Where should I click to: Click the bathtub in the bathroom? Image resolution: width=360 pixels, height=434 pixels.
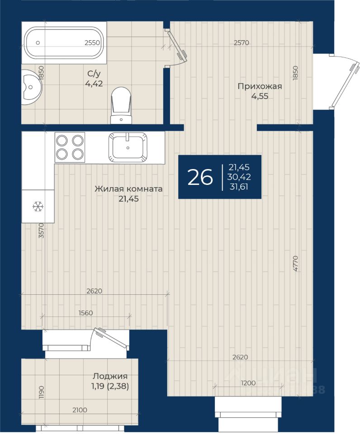tap(64, 43)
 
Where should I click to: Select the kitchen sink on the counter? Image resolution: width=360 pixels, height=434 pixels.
tap(128, 147)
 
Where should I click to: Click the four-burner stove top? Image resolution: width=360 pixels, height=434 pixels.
tap(70, 147)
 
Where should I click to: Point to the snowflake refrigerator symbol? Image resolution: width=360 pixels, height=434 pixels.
tap(38, 207)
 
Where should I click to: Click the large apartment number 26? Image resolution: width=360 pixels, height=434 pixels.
tap(200, 177)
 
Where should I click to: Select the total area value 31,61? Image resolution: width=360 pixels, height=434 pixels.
tap(239, 187)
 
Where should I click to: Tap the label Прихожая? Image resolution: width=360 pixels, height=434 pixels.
tap(260, 86)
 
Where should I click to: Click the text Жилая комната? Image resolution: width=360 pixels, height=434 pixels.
tap(128, 189)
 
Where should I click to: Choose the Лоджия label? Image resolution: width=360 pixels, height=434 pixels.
tap(110, 376)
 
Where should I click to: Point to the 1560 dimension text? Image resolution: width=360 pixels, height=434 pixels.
tap(85, 313)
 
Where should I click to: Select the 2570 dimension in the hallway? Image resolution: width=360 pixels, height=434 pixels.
tap(242, 42)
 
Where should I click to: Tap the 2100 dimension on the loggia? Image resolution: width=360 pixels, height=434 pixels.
tap(80, 410)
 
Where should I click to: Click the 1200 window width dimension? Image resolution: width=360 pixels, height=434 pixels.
tap(248, 383)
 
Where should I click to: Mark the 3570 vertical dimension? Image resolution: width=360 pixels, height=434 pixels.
tap(41, 231)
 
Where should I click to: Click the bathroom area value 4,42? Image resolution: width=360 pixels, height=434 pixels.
tap(94, 84)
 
